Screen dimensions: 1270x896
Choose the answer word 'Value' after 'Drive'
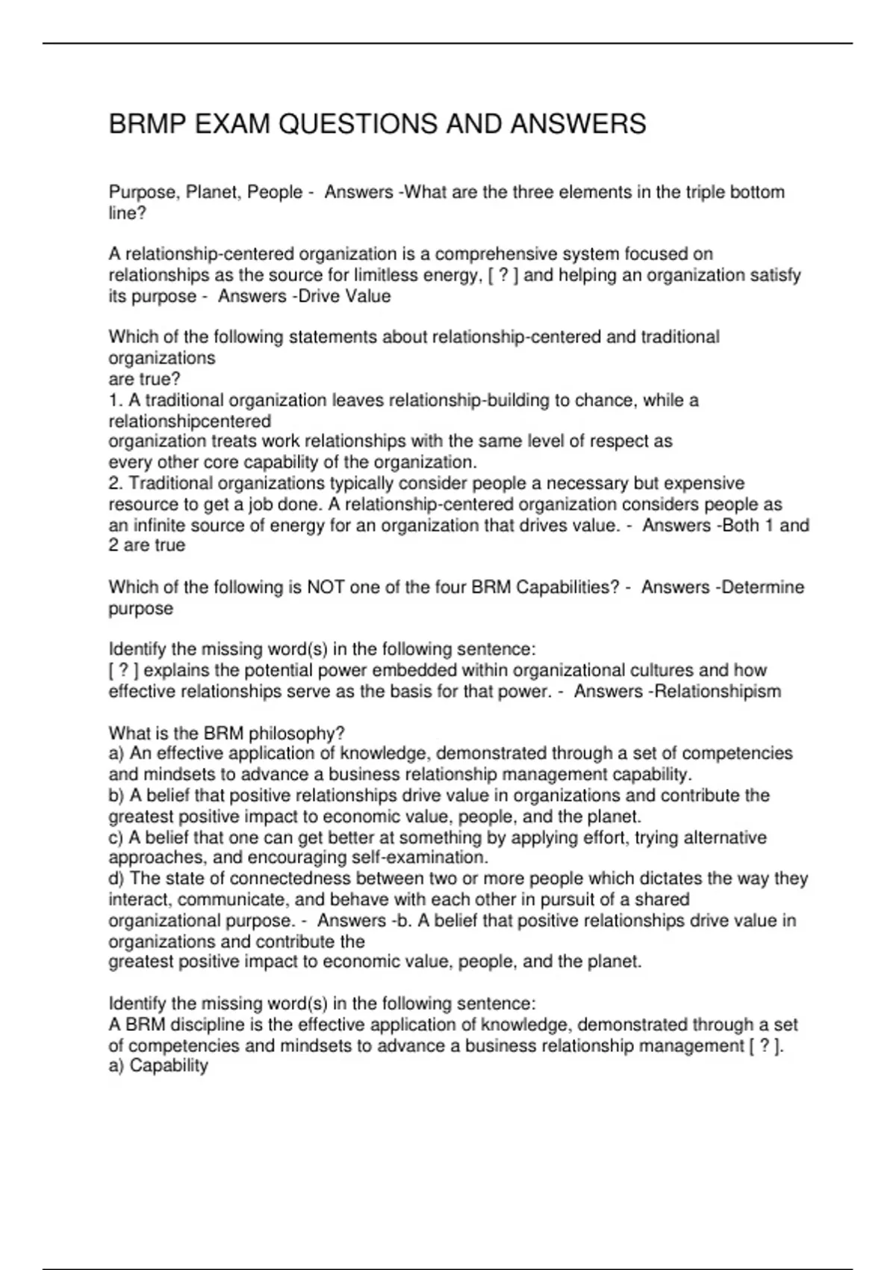tap(368, 297)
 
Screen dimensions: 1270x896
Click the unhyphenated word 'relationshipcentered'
tap(190, 421)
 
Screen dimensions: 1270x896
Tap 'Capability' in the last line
tap(169, 1066)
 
